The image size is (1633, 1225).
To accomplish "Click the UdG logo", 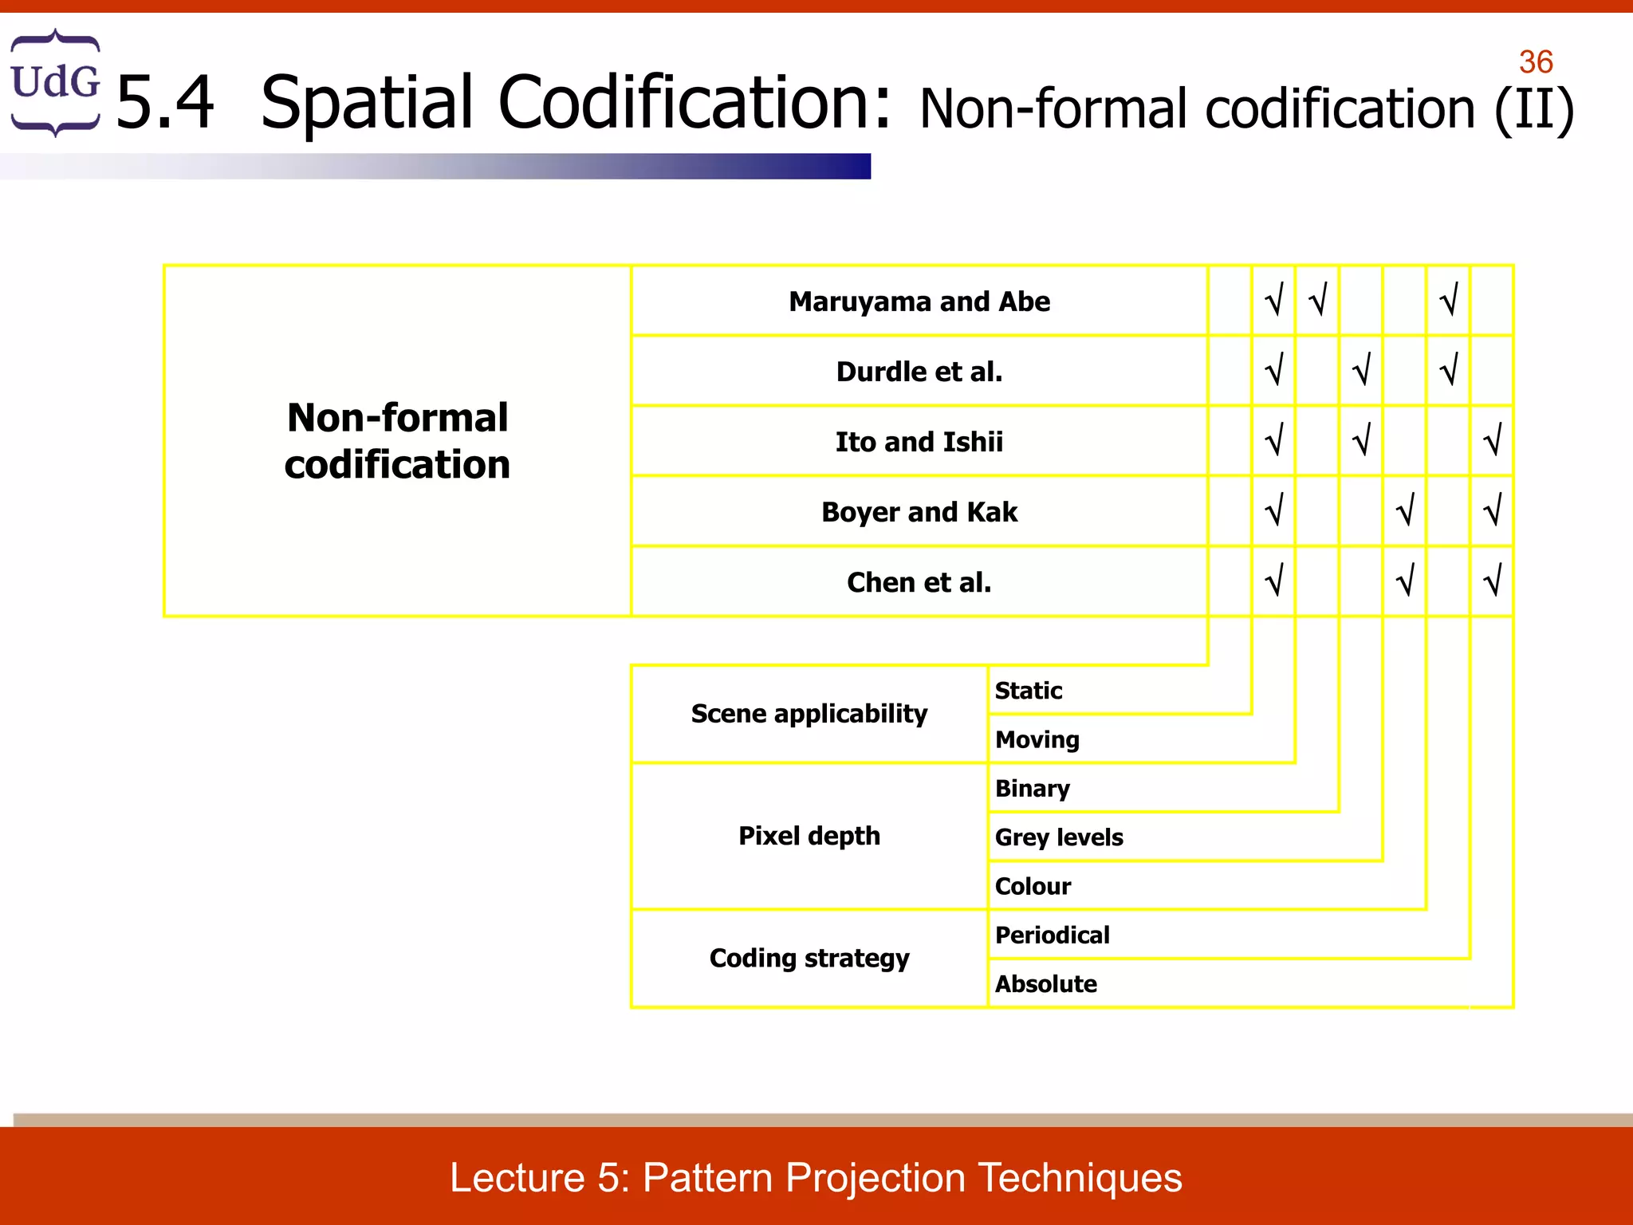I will [55, 82].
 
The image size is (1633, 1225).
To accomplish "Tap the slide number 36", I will [1535, 62].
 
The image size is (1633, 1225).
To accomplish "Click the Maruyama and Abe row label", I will [919, 301].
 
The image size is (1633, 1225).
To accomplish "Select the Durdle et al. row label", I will [919, 372].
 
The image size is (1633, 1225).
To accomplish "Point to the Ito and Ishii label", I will [919, 442].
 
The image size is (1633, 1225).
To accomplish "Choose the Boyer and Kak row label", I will [919, 512].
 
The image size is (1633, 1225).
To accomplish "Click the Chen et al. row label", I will [919, 582].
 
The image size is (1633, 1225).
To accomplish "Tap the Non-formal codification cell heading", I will [397, 441].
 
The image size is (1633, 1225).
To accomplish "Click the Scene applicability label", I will [809, 713].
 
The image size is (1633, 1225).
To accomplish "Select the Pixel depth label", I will [809, 836].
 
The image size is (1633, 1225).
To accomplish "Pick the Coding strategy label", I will [809, 958].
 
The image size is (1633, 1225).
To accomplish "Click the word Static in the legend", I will [1028, 690].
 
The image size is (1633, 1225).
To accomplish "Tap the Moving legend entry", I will [1037, 739].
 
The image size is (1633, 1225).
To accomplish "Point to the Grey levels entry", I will [1058, 837].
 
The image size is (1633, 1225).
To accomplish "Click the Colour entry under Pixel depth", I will [1033, 886].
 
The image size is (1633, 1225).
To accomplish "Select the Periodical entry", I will [1052, 935].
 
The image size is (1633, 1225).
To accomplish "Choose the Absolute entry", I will [1045, 984].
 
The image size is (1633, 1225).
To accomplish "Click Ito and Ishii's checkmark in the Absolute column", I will [1492, 440].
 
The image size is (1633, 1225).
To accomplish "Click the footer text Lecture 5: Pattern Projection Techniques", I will [816, 1178].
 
